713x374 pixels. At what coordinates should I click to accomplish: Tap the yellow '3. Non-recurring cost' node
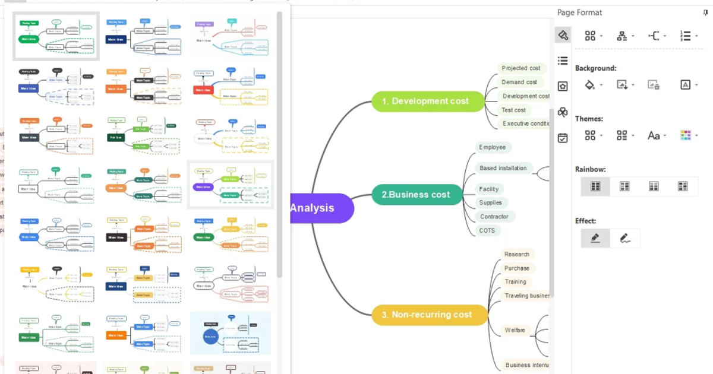pos(431,315)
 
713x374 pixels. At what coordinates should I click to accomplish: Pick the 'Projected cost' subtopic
pos(520,68)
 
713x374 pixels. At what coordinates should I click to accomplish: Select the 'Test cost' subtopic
pos(513,110)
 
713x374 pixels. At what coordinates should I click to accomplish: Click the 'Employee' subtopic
pos(492,147)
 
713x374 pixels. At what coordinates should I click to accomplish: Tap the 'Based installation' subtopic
pos(503,169)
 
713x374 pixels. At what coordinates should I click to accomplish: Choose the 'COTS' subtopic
pos(487,230)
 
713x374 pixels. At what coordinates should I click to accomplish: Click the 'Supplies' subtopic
pos(490,202)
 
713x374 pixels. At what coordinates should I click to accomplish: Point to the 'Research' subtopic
pos(516,254)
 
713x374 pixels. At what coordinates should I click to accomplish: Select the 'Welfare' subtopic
pos(515,330)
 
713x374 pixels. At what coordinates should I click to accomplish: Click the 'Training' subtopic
pos(515,281)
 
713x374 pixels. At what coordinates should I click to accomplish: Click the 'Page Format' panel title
pos(579,12)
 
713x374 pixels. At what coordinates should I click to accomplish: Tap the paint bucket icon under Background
pos(589,85)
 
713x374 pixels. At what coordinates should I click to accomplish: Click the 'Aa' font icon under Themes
pos(654,135)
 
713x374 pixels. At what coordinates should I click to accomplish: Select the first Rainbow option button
pos(595,186)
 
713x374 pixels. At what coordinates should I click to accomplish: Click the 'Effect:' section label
pos(585,221)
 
